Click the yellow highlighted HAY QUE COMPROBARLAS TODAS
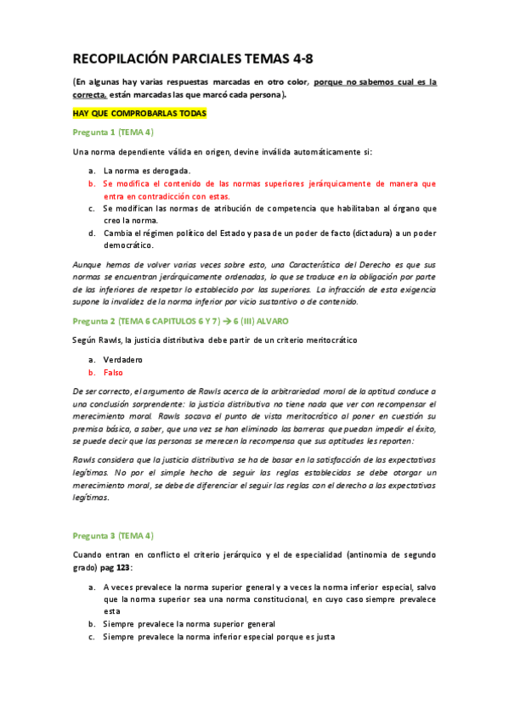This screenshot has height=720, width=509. click(139, 114)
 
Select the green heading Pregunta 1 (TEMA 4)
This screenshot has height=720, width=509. click(113, 132)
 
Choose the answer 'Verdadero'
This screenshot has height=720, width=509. click(122, 359)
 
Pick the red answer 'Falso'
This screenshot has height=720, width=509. click(114, 372)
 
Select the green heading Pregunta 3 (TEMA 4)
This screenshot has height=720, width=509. click(113, 536)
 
